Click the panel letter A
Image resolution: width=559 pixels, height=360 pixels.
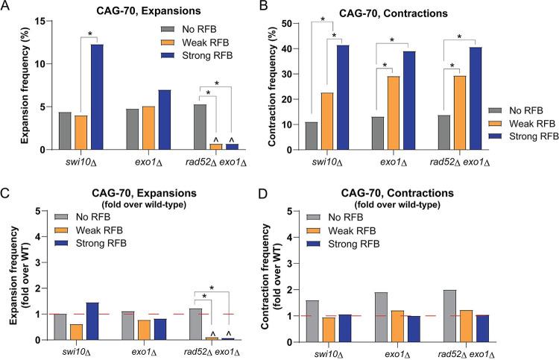[x=6, y=7]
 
